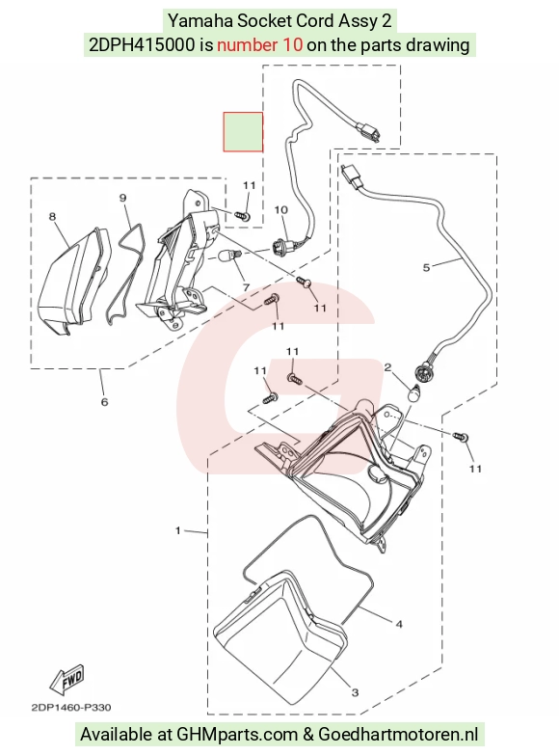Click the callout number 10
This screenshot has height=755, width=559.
point(280,209)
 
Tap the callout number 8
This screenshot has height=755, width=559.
point(52,217)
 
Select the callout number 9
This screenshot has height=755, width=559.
point(122,198)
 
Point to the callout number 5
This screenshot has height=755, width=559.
point(426,267)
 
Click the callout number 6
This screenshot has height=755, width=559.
point(104,401)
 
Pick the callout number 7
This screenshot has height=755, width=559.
point(246,287)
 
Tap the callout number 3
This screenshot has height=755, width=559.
point(355,692)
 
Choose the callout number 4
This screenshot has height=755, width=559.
point(399,624)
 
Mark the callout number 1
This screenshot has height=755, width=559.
point(178,530)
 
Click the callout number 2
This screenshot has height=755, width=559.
point(387,368)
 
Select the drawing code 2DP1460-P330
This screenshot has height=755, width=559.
point(70,708)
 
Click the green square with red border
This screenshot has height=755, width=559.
point(243,132)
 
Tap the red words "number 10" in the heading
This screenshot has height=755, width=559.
point(260,44)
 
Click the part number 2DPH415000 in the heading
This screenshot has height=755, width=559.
point(142,44)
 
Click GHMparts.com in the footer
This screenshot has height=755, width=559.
point(237,735)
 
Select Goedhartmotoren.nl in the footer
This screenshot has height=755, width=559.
point(398,735)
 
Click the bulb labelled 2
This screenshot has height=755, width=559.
point(414,393)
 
